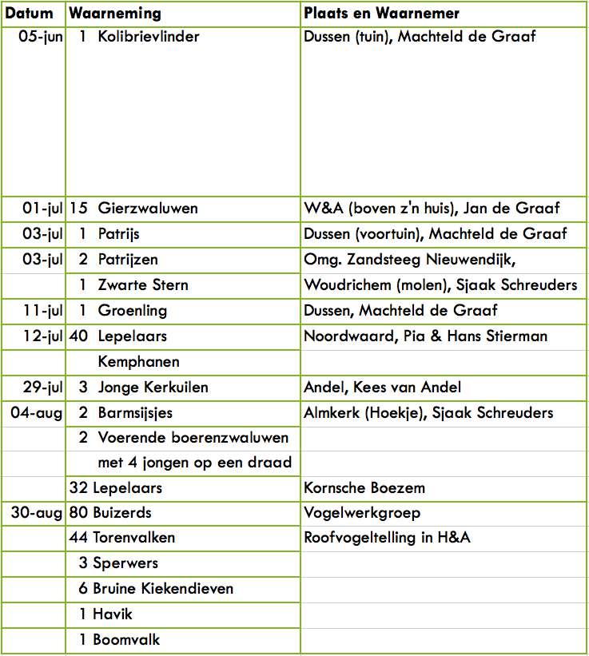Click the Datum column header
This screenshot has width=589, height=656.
coord(30,14)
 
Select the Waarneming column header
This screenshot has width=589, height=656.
coord(115,14)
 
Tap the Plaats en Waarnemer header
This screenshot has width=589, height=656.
coord(381,14)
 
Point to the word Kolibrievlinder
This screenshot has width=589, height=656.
coord(149,37)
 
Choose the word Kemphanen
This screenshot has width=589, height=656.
coord(138,362)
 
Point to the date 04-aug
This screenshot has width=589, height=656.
coord(37,413)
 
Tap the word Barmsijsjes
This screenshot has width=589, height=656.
coord(135,413)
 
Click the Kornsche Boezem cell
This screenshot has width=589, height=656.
coord(364,487)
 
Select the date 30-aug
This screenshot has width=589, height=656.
coord(37,513)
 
